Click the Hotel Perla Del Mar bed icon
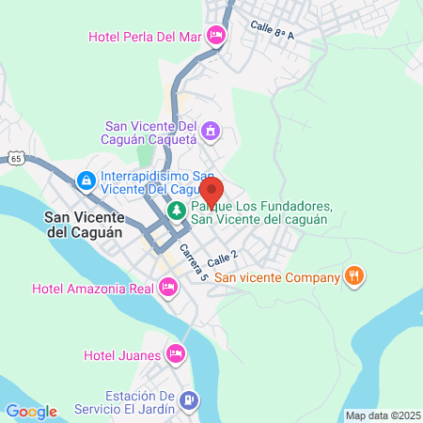pyautogui.click(x=217, y=37)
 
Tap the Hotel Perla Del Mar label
pyautogui.click(x=147, y=37)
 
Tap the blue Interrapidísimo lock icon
pyautogui.click(x=86, y=179)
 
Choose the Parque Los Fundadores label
pyautogui.click(x=258, y=212)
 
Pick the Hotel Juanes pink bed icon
pyautogui.click(x=175, y=354)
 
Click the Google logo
pyautogui.click(x=31, y=412)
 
